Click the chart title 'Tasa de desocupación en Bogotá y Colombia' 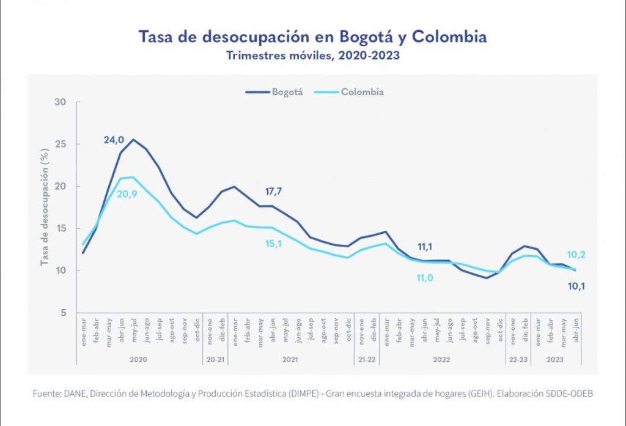pos(313,37)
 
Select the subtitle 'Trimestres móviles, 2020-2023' pos(313,56)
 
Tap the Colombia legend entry pos(349,92)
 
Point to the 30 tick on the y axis pos(60,102)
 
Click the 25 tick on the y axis pos(60,144)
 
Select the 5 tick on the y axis pos(62,313)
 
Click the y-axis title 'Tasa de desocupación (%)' pos(45,207)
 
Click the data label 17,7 pos(273,192)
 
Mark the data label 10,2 pos(575,255)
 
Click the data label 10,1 pos(575,285)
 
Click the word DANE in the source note pos(71,394)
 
